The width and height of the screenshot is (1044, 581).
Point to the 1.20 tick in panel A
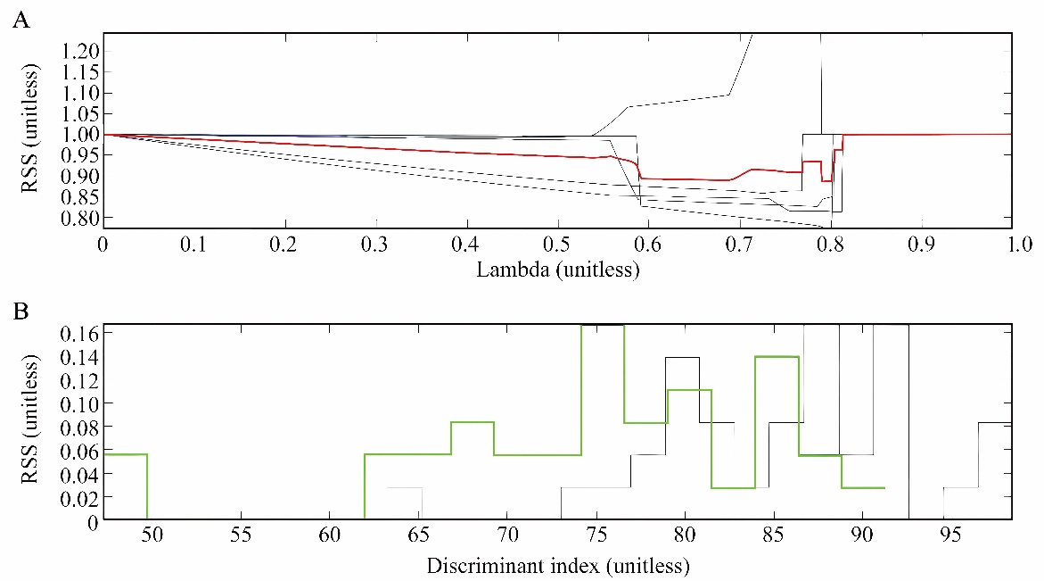[x=78, y=51]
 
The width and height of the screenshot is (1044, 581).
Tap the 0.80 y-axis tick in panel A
[x=78, y=217]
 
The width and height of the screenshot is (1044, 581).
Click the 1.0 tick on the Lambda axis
[x=1007, y=244]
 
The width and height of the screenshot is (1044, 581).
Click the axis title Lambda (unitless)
[x=557, y=269]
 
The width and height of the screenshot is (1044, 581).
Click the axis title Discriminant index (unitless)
[x=557, y=566]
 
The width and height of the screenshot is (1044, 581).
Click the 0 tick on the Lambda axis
[x=103, y=244]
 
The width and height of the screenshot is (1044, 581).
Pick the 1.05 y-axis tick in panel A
[x=78, y=113]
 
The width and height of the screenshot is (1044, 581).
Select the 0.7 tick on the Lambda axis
[x=649, y=244]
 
